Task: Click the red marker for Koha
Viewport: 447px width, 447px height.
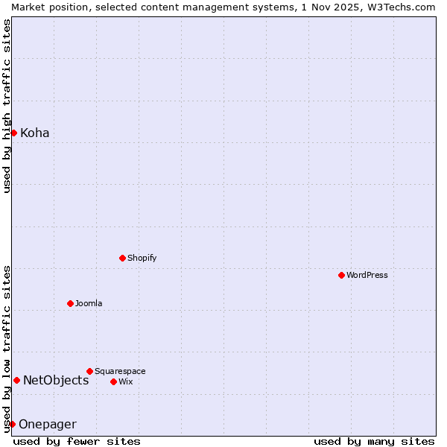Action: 13,133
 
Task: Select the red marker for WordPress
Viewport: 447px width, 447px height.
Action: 341,275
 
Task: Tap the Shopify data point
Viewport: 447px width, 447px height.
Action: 122,258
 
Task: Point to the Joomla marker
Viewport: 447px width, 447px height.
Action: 70,303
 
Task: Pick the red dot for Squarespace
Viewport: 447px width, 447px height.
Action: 89,371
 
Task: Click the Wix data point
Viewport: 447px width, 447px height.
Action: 113,381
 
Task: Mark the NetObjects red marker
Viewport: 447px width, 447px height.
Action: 16,380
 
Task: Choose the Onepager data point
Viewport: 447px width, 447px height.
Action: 12,424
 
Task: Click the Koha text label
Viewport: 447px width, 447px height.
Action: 35,133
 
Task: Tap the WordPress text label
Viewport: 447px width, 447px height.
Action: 367,275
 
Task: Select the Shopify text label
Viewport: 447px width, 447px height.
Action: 142,258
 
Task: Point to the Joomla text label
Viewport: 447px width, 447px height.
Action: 89,303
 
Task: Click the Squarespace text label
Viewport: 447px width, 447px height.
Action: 120,371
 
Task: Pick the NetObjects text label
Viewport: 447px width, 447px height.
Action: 56,381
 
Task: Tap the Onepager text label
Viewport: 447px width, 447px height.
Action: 48,425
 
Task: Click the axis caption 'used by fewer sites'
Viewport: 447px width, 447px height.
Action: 77,441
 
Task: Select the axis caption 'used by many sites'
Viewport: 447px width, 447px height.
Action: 374,441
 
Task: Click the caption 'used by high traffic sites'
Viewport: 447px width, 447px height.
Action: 7,106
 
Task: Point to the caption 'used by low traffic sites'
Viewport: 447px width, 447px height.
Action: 7,348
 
